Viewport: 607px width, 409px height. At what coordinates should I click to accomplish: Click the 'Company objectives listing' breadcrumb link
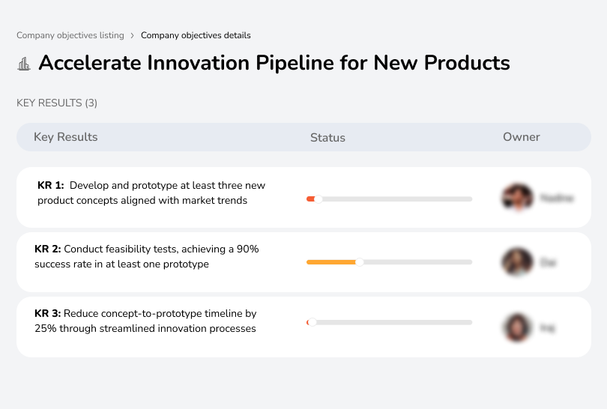tap(70, 35)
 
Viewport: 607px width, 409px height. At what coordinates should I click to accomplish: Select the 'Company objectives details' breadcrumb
tap(196, 35)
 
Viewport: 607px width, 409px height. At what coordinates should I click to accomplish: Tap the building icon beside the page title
tap(24, 64)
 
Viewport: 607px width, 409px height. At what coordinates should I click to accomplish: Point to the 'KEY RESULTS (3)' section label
tap(57, 103)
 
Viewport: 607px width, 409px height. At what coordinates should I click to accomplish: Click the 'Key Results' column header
tap(66, 137)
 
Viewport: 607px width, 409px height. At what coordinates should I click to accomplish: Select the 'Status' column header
tap(327, 138)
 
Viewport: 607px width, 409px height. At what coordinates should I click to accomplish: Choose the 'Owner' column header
tap(522, 137)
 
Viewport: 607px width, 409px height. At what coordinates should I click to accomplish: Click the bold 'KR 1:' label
tap(51, 186)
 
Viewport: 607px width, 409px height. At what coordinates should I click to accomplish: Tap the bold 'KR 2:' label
tap(48, 249)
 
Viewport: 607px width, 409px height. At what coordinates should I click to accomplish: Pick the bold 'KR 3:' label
tap(48, 314)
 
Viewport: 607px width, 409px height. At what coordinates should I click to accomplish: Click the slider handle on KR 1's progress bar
tap(318, 199)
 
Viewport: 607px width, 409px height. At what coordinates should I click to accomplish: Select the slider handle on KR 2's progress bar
tap(360, 262)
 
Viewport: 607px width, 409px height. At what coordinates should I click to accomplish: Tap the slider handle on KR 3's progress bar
tap(312, 322)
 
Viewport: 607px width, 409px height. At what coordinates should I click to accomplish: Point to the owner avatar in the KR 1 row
tap(517, 198)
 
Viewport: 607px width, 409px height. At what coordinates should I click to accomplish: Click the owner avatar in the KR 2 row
tap(517, 262)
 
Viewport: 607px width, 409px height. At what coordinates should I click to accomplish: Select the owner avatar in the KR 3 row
tap(517, 327)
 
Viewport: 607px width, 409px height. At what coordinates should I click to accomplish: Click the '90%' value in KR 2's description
tap(247, 249)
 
